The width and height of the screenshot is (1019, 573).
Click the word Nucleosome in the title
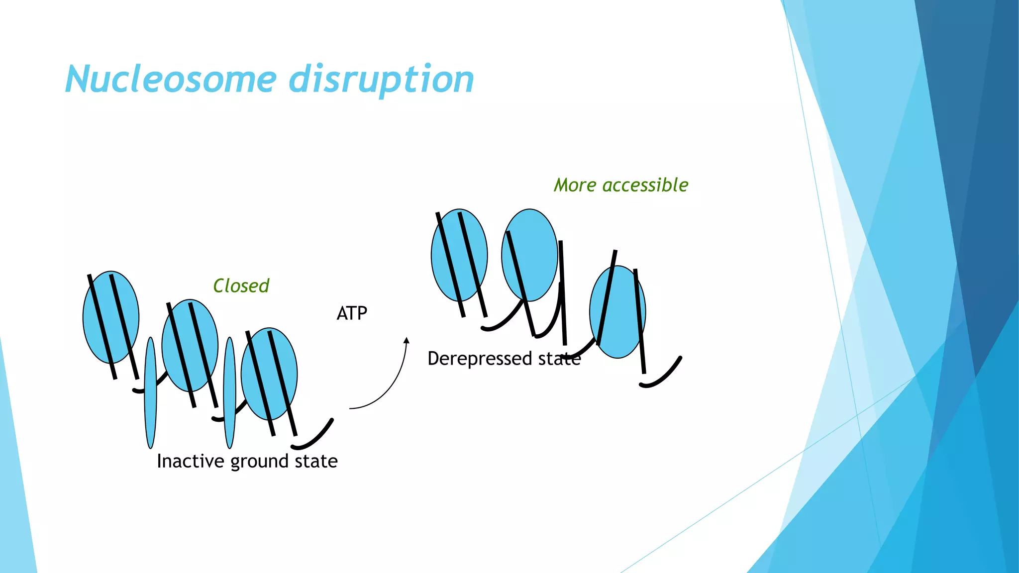pos(171,80)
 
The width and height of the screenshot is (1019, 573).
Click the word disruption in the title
pos(381,80)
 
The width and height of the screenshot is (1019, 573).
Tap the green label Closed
pos(241,286)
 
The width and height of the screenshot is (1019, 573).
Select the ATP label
pos(352,313)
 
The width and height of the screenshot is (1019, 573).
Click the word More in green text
pos(575,185)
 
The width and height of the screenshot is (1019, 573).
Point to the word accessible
pos(645,185)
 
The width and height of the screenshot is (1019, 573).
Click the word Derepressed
pos(480,359)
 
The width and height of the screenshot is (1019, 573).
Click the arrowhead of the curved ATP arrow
pos(407,341)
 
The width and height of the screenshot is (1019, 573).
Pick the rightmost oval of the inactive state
pos(259,358)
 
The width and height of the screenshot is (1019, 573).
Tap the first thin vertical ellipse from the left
pos(150,393)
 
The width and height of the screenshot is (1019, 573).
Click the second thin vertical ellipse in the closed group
pos(229,393)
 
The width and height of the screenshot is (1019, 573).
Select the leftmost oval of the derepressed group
pos(448,239)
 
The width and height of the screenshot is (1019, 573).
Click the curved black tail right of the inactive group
pos(313,438)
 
